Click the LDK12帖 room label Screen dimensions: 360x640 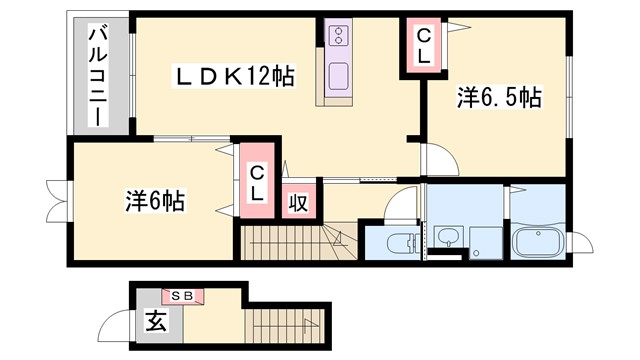pos(236,77)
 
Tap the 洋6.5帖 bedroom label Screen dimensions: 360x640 pos(499,98)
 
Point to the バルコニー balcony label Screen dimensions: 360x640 pos(99,75)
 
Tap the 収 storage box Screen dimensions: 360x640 pos(298,201)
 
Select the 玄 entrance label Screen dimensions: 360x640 pos(157,322)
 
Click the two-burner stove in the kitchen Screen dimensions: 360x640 pos(339,37)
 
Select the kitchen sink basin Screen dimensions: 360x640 pos(338,76)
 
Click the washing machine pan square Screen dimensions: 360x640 pos(484,240)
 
